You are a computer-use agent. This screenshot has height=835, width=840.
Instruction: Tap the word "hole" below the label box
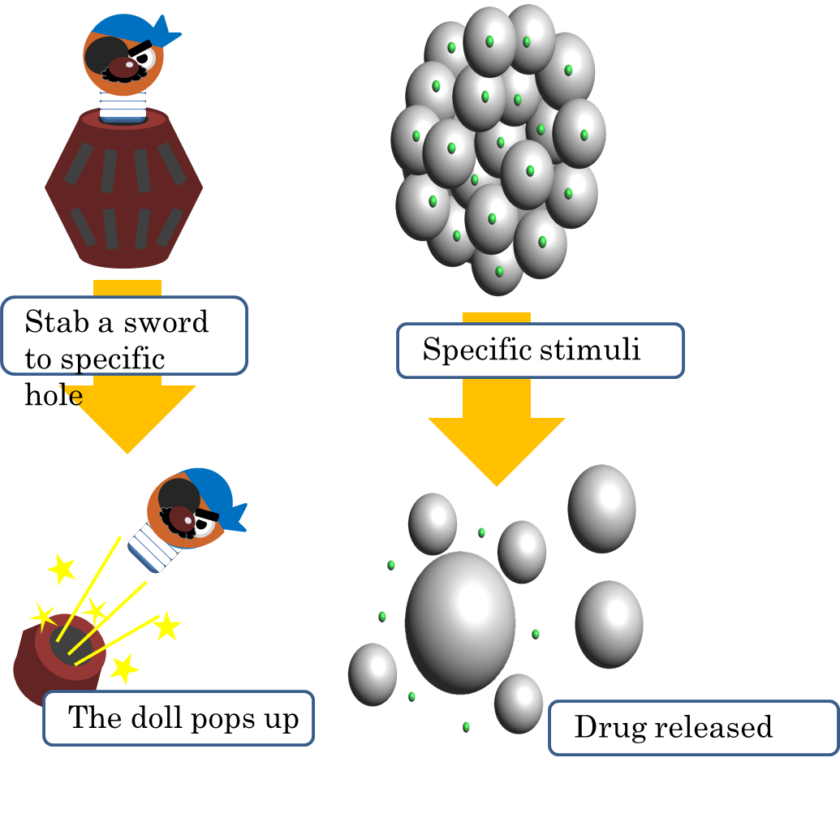54,395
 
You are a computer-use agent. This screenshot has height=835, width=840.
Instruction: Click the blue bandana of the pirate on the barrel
134,28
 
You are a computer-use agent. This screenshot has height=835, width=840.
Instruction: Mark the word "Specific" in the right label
471,350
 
